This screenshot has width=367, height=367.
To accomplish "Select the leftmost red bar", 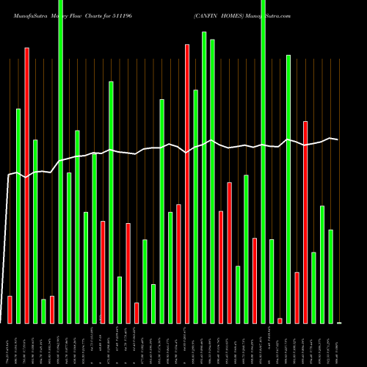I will pos(10,309).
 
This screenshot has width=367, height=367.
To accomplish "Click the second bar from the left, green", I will pos(18,216).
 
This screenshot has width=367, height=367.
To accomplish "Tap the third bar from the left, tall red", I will pos(26,185).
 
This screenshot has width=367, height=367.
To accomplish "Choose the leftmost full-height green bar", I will pos(60,161).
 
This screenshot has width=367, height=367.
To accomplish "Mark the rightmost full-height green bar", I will pos(263,161).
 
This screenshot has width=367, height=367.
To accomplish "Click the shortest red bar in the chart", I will pos(280,320).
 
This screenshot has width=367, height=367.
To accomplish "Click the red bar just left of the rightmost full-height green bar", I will pos(255,280).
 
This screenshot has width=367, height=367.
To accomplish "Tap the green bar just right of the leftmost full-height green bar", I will pos(69,247).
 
